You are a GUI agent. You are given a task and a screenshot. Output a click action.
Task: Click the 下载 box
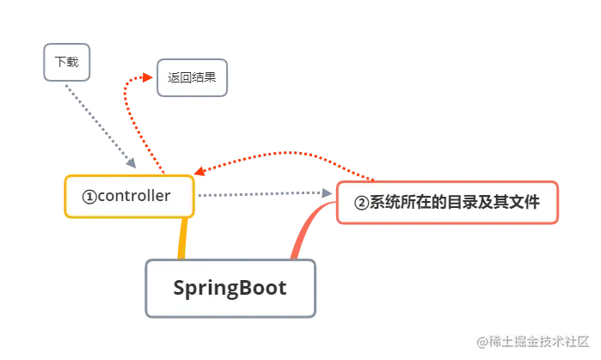tap(65, 62)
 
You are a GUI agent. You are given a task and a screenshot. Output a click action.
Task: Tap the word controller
tap(134, 196)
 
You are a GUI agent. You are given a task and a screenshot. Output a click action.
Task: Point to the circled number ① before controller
tap(89, 197)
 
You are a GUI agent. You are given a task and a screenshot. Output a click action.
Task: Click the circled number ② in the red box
tap(362, 204)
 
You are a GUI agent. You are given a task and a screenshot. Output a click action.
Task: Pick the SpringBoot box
tap(230, 288)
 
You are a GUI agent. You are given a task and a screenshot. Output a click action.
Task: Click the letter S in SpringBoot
tap(181, 288)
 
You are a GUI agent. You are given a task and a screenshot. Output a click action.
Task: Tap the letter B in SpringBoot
tap(241, 288)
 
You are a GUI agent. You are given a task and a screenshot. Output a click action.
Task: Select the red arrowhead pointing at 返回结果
tap(145, 77)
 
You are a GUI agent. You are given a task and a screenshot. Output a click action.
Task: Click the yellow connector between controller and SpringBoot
tap(181, 239)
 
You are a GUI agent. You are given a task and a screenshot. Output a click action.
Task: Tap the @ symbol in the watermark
tap(482, 341)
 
